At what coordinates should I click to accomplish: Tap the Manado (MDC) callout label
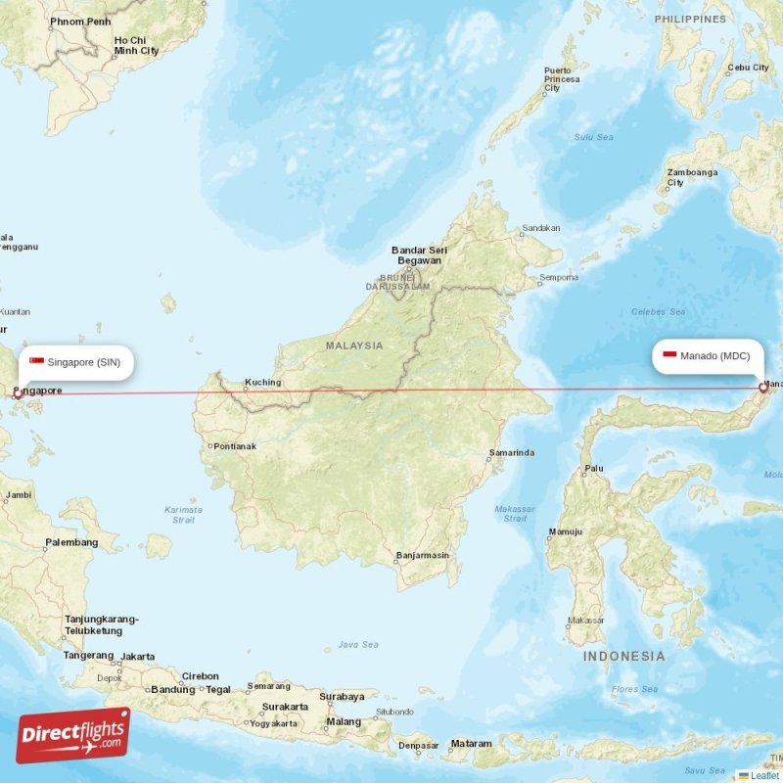point(707,355)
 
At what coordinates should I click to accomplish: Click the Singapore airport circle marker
point(18,393)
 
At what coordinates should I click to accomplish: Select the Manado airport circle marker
point(763,388)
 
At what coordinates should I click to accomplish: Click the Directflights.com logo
point(73,735)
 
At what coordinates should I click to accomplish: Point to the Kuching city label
point(262,383)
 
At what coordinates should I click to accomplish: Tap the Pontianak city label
point(233,446)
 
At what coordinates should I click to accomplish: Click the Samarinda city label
point(512,453)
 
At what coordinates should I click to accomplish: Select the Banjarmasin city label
point(423,556)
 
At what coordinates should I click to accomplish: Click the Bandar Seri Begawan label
point(417,255)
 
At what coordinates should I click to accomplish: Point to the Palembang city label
point(71,542)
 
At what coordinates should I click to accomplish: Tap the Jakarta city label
point(138,656)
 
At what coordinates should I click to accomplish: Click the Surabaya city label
point(342,697)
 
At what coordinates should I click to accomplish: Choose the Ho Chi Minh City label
point(136,45)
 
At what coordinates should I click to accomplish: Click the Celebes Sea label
point(658,312)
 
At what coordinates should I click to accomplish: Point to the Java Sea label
point(357,645)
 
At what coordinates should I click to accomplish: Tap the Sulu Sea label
point(593,137)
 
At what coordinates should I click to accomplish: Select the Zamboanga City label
point(692,177)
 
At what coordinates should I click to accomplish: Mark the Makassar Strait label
point(515,513)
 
